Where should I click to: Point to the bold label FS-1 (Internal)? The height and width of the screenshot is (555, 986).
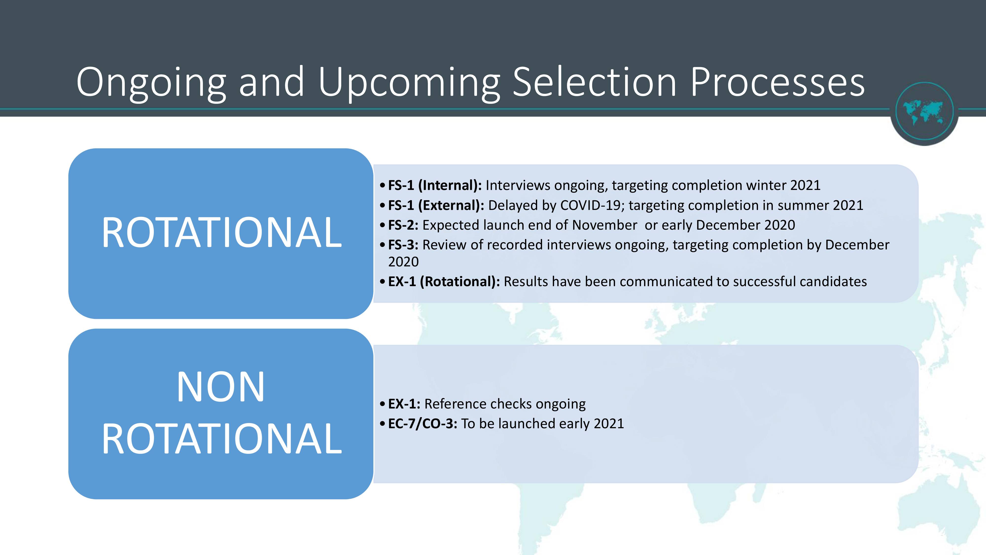435,185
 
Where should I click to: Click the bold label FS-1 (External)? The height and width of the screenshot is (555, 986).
436,205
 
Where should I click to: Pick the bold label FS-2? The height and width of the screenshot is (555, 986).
403,225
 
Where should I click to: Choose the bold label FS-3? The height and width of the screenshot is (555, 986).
403,245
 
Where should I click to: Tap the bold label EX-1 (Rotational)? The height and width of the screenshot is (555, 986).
444,281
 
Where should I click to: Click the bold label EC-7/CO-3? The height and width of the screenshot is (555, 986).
423,424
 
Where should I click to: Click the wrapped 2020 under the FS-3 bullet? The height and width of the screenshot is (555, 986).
404,262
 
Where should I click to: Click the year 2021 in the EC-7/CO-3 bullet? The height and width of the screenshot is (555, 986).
609,424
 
